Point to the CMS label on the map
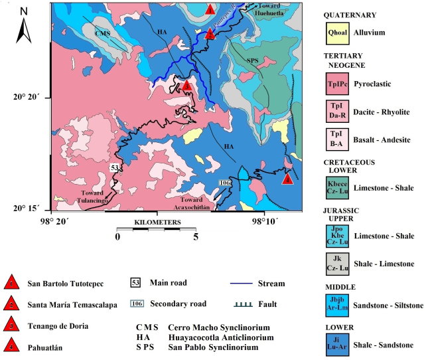pyautogui.click(x=102, y=33)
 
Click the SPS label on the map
pyautogui.click(x=252, y=61)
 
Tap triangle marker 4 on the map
pyautogui.click(x=287, y=179)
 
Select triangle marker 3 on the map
pyautogui.click(x=188, y=86)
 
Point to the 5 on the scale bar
pyautogui.click(x=196, y=236)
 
